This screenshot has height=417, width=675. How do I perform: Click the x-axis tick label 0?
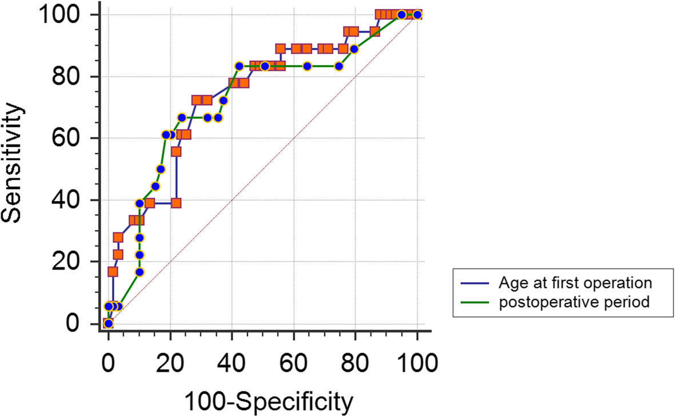pos(109,362)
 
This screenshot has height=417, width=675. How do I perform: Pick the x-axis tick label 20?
pos(170,362)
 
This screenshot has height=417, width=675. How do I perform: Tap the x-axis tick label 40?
pos(231,362)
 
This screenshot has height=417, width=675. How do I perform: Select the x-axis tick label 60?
pos(293,362)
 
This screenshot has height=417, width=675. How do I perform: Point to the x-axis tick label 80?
pos(355,362)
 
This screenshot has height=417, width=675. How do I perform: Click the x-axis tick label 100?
pos(417,362)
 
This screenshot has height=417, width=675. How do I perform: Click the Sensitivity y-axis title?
pos(16,163)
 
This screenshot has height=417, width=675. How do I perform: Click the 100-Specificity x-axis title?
pos(268,402)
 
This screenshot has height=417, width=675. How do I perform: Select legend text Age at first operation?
pos(574,283)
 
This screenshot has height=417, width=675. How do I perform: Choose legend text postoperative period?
pos(574,302)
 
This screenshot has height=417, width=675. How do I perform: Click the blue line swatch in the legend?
pos(475,283)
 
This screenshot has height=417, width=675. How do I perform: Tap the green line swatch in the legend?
pos(475,302)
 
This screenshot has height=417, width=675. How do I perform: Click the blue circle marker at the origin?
pos(109,324)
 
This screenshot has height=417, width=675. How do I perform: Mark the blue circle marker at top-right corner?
pos(417,15)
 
